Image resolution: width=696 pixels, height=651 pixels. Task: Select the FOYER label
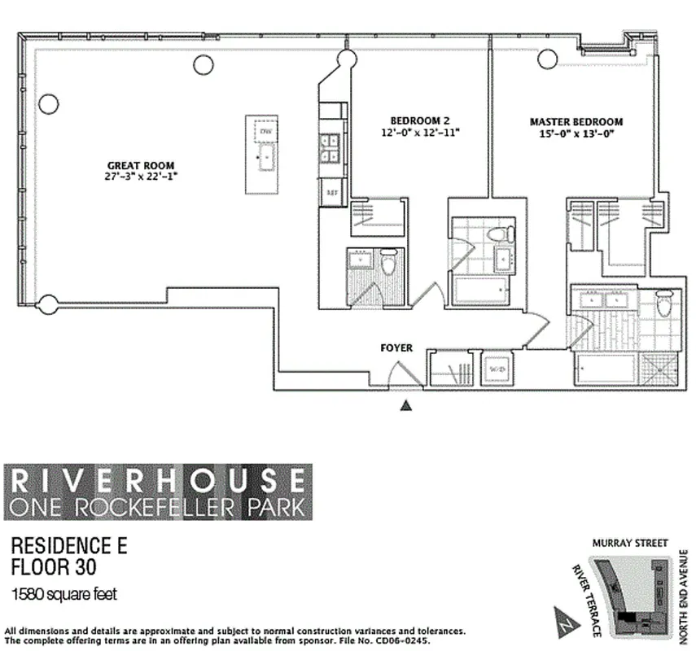pyautogui.click(x=396, y=348)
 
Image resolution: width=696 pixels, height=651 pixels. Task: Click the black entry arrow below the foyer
pyautogui.click(x=407, y=404)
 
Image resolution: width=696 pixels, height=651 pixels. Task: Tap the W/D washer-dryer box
pyautogui.click(x=497, y=368)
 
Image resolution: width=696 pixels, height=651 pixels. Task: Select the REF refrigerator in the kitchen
pyautogui.click(x=331, y=193)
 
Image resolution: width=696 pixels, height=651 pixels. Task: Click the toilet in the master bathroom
pyautogui.click(x=663, y=305)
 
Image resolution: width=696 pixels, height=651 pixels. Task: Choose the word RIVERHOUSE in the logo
pyautogui.click(x=157, y=478)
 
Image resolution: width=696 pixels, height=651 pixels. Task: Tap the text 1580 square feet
pyautogui.click(x=64, y=594)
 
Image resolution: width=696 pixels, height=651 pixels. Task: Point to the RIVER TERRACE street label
pyautogui.click(x=586, y=601)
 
